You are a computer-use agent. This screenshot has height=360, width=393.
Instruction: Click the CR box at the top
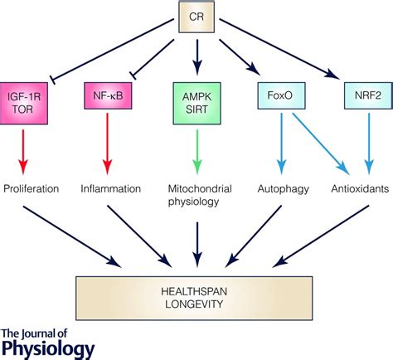[196, 17]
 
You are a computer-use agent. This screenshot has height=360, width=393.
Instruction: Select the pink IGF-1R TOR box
[24, 103]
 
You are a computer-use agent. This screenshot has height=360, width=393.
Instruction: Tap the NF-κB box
[108, 95]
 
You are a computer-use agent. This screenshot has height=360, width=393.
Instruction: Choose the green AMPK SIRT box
[196, 103]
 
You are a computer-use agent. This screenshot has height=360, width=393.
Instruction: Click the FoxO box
[281, 95]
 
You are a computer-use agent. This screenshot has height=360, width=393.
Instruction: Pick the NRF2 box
[368, 95]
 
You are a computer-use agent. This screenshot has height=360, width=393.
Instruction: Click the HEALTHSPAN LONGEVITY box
[194, 298]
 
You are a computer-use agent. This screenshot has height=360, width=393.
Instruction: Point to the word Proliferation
[32, 189]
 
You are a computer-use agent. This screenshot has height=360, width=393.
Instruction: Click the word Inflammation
[111, 189]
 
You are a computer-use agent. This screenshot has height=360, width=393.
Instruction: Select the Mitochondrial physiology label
[200, 195]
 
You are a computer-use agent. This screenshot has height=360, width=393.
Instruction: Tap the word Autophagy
[284, 189]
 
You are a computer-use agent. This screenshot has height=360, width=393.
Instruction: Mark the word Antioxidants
[360, 189]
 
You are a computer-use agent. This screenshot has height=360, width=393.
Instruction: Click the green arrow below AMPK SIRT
[197, 152]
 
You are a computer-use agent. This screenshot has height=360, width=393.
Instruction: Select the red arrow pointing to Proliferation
[23, 152]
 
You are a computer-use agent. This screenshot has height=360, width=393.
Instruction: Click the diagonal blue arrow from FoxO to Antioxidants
[321, 144]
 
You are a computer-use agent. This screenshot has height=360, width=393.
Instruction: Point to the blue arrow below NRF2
[369, 144]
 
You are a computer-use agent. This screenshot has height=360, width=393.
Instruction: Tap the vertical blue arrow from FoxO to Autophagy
[282, 144]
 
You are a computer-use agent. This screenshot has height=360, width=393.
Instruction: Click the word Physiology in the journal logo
[48, 349]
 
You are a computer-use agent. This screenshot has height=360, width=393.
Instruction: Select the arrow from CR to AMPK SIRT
[197, 57]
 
